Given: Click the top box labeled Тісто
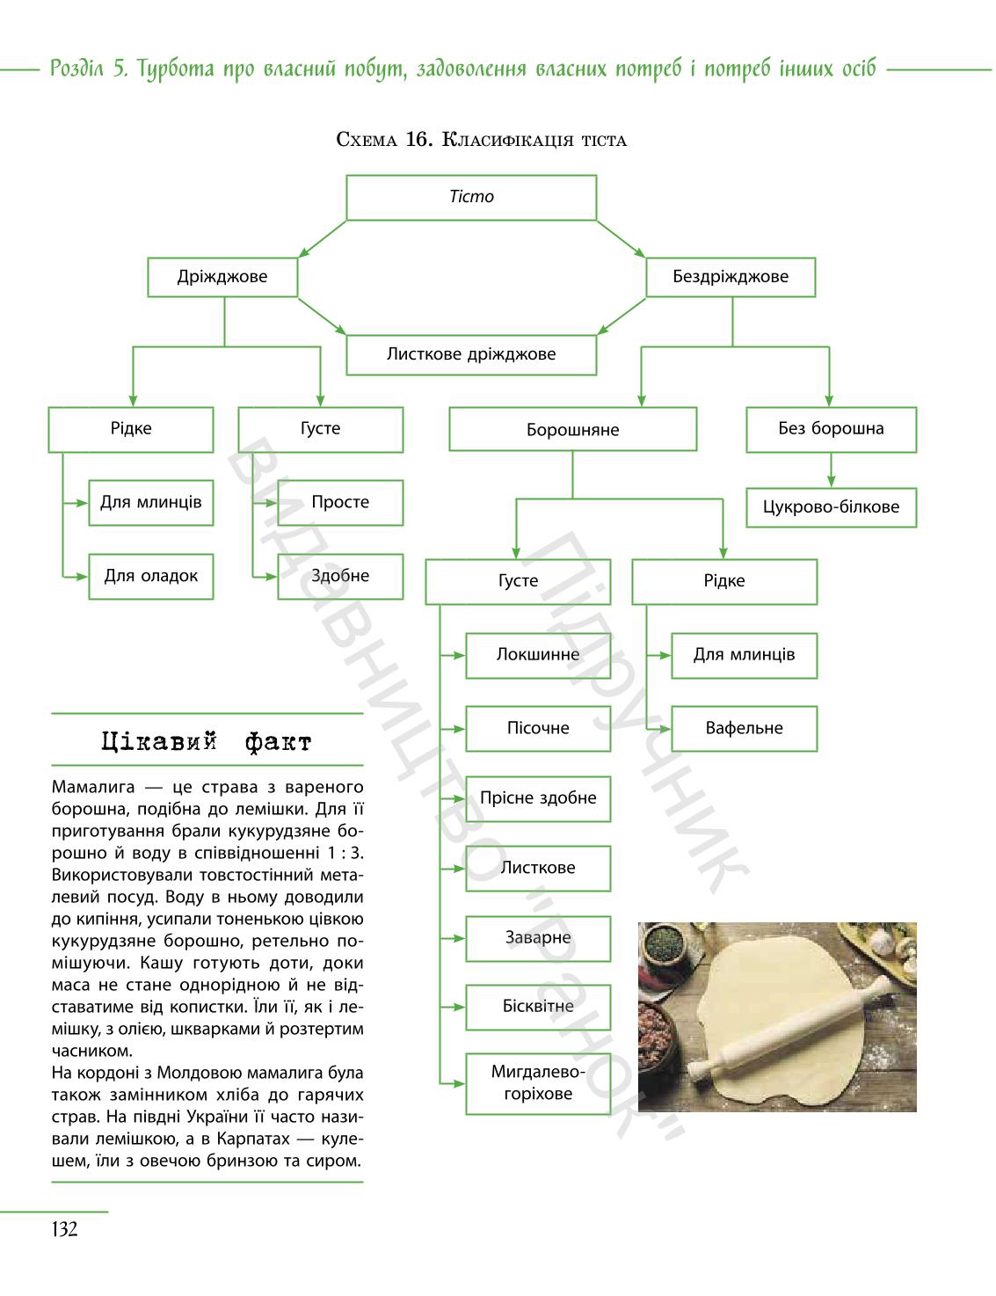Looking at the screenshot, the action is pos(471,198).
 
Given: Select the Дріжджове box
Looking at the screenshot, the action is pos(222,277).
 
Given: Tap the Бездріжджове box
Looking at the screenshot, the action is pos(731,277).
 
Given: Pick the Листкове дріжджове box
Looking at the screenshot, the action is pos(471,354).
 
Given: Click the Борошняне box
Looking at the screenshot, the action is pos(572,429).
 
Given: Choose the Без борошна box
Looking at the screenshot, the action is pos(831,429).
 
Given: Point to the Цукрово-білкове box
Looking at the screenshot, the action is pos(831,507).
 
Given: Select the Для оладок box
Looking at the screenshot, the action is pos(151,576).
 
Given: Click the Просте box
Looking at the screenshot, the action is pos(339,502).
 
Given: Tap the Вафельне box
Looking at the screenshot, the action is pos(744,728).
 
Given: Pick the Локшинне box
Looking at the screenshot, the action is pos(538,655).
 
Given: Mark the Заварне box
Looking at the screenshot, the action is pos(538,938).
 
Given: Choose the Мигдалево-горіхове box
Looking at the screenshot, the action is pos(538,1084).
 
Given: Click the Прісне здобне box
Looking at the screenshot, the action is pos(538,798).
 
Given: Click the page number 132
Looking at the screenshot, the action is pos(64,1228).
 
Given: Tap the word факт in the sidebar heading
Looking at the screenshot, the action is pos(278,743).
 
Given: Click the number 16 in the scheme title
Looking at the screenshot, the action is pos(418,140).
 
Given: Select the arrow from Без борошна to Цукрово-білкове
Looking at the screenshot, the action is pos(831,470).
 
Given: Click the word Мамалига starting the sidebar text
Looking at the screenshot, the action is pos(93,787).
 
